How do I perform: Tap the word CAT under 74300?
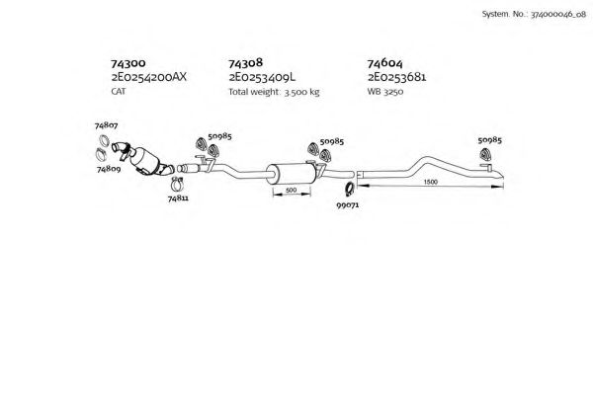tap(120, 91)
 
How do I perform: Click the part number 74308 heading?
tap(245, 62)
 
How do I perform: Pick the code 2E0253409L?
tap(264, 76)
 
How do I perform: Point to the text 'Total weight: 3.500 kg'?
tap(274, 91)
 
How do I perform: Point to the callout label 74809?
tap(109, 169)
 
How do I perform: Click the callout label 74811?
tap(178, 197)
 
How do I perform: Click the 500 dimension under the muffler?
tap(291, 189)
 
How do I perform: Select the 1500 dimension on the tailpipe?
tap(431, 183)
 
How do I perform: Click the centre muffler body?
tap(294, 170)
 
